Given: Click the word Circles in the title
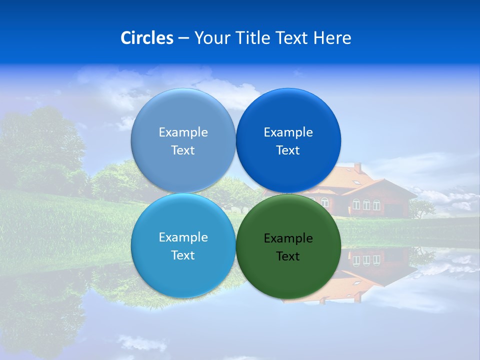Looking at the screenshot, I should tap(146, 38).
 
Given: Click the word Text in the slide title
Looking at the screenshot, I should tap(293, 38).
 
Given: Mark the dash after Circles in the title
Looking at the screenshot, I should tap(183, 38).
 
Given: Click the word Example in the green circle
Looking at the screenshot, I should tap(288, 238).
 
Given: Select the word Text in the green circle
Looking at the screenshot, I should tap(288, 256).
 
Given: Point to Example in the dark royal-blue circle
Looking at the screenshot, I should tap(288, 132).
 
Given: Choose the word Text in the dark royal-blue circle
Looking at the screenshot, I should tap(288, 150).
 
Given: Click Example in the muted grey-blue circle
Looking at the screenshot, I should tap(183, 132).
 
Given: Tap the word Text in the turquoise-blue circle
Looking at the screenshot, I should tap(183, 255).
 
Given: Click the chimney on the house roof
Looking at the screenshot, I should tap(358, 167).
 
